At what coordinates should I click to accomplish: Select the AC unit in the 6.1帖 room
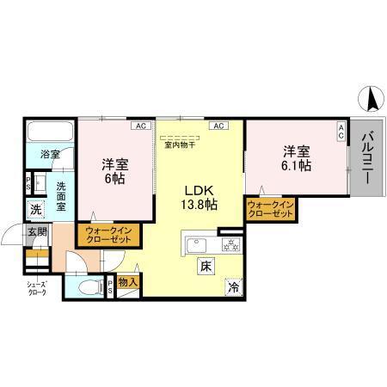point(341,131)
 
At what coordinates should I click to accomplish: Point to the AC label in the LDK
point(218,126)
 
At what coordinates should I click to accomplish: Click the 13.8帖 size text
point(198,204)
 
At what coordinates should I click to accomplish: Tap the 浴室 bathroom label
point(50,155)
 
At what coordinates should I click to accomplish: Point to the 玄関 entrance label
point(36,230)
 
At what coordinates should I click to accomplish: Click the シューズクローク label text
point(36,289)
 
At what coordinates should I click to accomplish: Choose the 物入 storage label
point(128,280)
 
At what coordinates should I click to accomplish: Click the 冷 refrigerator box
point(233,288)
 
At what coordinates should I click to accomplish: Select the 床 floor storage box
point(207,265)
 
